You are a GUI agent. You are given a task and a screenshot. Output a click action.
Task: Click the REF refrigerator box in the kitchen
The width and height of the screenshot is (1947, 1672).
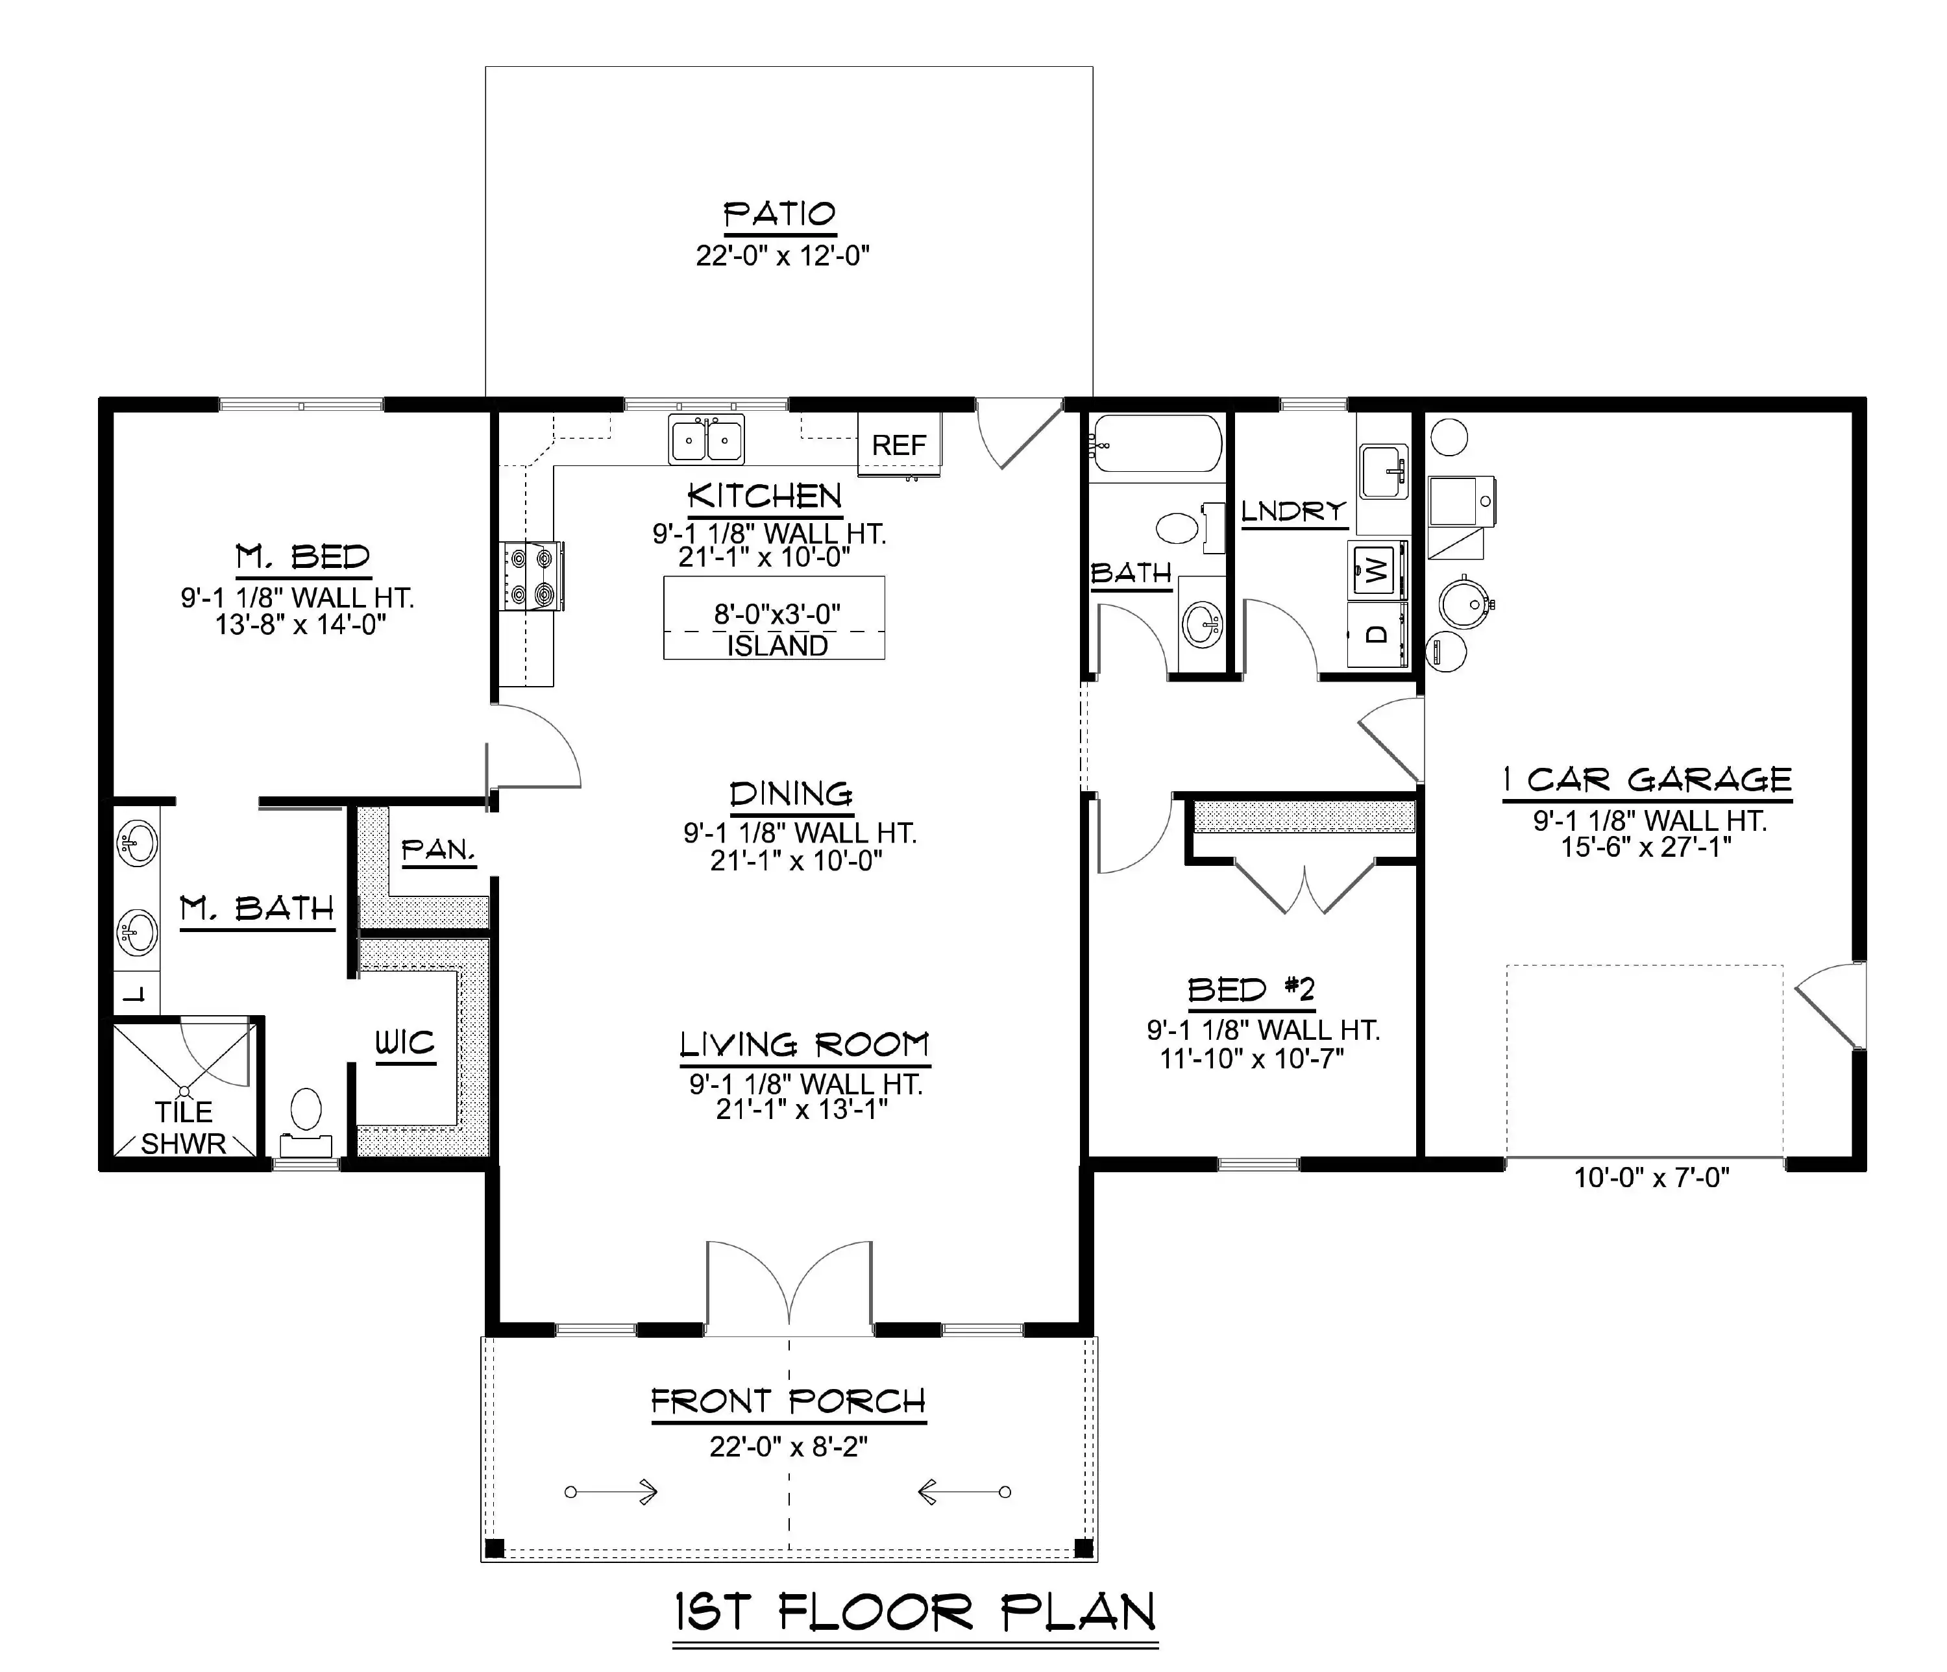900,445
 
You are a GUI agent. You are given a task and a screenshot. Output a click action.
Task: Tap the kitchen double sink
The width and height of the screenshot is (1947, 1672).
707,439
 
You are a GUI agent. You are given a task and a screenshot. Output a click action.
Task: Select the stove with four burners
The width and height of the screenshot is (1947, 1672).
532,575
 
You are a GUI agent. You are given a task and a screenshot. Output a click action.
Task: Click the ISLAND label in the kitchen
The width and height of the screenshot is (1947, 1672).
777,646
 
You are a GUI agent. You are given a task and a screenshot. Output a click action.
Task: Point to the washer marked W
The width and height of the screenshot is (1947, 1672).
1378,569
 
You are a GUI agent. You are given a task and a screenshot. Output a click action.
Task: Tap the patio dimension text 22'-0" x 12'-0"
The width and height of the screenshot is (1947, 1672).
783,256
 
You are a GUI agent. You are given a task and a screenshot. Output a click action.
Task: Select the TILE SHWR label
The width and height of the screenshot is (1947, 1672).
184,1128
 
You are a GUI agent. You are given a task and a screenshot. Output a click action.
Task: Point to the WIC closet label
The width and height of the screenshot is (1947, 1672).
405,1043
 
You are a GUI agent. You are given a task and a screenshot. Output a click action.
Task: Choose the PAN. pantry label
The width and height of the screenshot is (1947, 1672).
439,850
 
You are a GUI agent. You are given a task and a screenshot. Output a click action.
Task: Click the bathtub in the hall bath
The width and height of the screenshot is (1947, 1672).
1157,443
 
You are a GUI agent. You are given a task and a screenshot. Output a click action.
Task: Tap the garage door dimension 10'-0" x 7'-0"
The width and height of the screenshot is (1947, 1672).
1652,1177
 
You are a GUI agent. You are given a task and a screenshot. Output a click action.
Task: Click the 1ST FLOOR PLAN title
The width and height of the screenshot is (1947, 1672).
915,1614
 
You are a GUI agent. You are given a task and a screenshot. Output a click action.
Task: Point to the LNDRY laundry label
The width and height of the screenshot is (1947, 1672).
1294,511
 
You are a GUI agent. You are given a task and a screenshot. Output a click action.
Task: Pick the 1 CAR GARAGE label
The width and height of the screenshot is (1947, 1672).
1647,780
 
